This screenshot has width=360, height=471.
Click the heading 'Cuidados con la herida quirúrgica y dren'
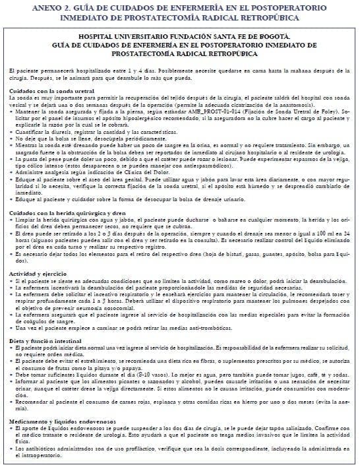coord(66,213)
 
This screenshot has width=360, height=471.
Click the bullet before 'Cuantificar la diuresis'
coord(12,132)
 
